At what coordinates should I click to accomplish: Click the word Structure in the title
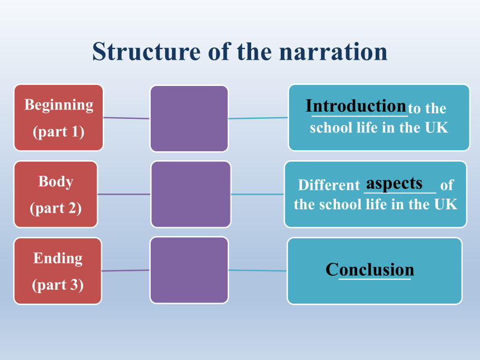(x=146, y=51)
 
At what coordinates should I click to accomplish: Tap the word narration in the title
(x=333, y=51)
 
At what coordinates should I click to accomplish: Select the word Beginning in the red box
(x=59, y=105)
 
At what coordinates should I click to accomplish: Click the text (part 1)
(x=59, y=132)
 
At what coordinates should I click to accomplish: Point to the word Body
(x=56, y=181)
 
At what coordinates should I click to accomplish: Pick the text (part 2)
(x=56, y=209)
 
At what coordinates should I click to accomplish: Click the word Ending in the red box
(x=58, y=258)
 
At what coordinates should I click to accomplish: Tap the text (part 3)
(x=58, y=285)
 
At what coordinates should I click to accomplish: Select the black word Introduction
(x=356, y=106)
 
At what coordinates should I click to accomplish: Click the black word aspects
(x=394, y=184)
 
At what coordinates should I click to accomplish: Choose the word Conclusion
(x=370, y=270)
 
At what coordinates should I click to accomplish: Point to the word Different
(x=329, y=185)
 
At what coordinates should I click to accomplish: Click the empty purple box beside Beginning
(x=189, y=118)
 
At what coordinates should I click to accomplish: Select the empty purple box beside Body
(x=191, y=194)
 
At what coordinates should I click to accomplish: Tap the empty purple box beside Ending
(x=189, y=270)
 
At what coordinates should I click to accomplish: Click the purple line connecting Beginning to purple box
(x=127, y=118)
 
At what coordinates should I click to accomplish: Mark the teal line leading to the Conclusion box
(x=258, y=270)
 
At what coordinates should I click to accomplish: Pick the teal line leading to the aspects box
(x=258, y=194)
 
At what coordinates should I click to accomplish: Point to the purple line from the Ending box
(x=126, y=270)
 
